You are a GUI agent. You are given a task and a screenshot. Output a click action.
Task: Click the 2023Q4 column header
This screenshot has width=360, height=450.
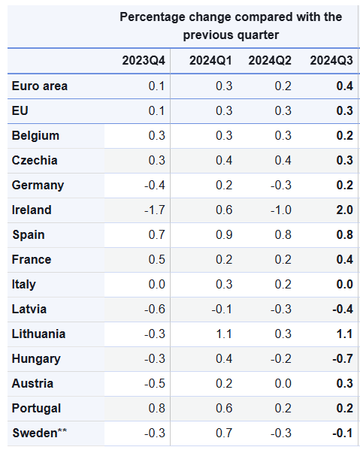144,61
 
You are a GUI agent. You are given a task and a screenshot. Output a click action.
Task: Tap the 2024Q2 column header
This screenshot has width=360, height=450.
269,61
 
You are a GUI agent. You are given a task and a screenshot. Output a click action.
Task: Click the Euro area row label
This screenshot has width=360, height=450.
40,86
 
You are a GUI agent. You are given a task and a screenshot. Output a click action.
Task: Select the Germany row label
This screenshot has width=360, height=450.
38,185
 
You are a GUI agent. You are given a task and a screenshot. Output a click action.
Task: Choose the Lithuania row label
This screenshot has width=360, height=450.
38,334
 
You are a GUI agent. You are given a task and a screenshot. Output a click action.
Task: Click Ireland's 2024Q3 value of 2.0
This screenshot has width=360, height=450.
345,210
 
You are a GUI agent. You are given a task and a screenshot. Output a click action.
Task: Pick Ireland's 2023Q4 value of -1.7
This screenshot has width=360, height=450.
155,210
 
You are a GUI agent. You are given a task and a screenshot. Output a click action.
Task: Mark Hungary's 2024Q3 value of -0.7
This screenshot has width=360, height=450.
343,359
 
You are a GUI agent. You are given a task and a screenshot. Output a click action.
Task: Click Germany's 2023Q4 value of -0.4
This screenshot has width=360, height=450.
155,186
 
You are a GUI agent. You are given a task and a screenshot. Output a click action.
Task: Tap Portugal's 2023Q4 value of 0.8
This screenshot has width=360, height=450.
157,409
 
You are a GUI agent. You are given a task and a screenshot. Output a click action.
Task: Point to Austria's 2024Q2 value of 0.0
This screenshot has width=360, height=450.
283,384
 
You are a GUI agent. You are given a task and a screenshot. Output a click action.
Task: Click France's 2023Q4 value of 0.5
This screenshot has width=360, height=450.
157,260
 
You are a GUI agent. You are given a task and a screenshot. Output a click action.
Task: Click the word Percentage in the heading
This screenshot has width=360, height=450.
152,17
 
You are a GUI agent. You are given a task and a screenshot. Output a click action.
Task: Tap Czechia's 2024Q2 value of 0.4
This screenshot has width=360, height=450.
283,161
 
